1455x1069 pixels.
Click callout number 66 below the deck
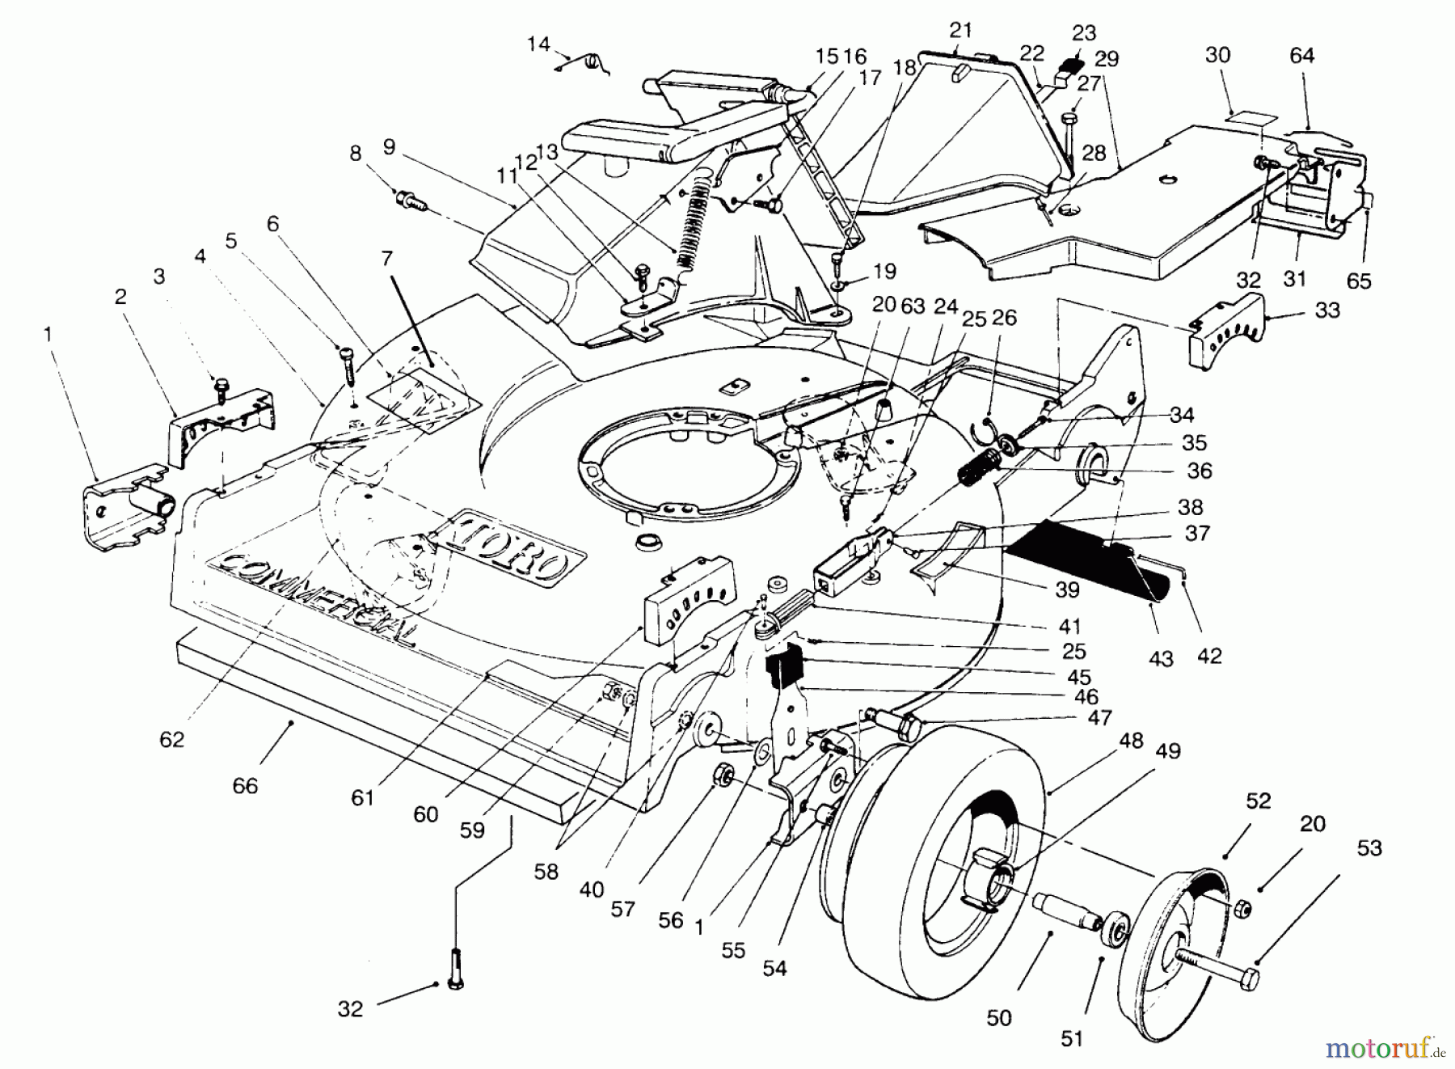(245, 785)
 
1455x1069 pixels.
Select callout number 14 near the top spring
(538, 44)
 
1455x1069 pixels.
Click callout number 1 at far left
(48, 334)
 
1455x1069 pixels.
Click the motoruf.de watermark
(1384, 1050)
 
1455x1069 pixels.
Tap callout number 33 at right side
(1327, 310)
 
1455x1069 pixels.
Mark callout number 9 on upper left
(389, 147)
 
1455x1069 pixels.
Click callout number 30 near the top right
(1217, 55)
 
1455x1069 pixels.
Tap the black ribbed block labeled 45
(782, 671)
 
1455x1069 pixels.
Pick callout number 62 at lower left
(171, 739)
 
